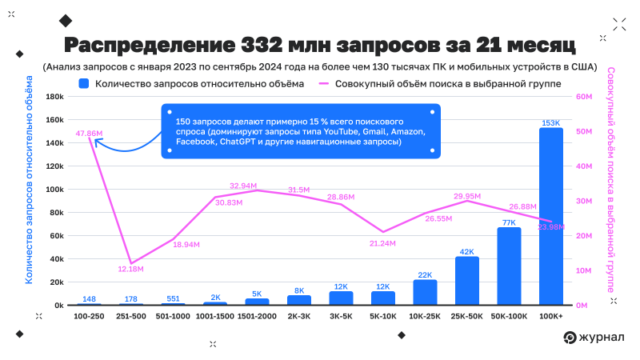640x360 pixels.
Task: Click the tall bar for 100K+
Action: click(x=550, y=216)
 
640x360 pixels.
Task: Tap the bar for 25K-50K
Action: click(x=466, y=281)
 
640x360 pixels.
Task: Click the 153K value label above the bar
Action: click(x=550, y=122)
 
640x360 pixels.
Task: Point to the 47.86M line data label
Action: click(x=90, y=133)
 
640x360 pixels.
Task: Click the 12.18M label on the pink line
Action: click(x=130, y=269)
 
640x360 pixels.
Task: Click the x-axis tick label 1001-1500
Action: click(x=214, y=317)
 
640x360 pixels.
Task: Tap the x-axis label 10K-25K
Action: click(x=425, y=317)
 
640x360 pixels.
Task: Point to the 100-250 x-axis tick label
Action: click(x=89, y=317)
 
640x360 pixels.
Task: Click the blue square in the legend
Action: click(x=84, y=82)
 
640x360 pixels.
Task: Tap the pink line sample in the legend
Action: click(x=324, y=82)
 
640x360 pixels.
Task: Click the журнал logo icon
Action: click(x=570, y=338)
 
